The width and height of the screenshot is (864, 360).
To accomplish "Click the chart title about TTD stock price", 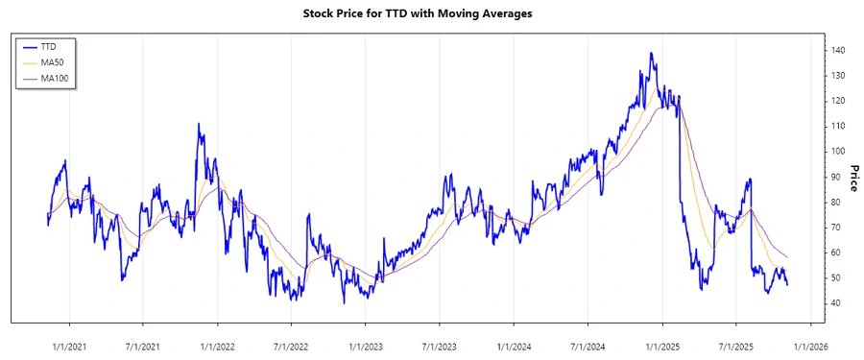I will click(431, 13).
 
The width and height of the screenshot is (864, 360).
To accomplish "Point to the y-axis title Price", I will click(852, 178).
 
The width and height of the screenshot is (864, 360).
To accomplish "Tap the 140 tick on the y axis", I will click(838, 50).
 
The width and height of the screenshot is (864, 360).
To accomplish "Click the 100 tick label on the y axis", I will click(838, 152).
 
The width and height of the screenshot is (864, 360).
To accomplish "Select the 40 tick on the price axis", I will click(835, 303).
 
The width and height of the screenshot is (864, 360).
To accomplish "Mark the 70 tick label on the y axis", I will click(835, 228).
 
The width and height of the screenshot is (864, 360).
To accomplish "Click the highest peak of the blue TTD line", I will click(652, 54).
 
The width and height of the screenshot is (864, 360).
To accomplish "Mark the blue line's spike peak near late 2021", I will click(199, 124).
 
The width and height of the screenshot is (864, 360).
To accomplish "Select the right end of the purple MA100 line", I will click(787, 257).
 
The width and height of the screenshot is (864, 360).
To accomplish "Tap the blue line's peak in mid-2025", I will click(749, 179).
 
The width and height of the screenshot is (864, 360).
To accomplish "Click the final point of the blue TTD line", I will click(787, 285).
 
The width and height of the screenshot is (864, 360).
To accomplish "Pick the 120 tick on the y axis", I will click(838, 101).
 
